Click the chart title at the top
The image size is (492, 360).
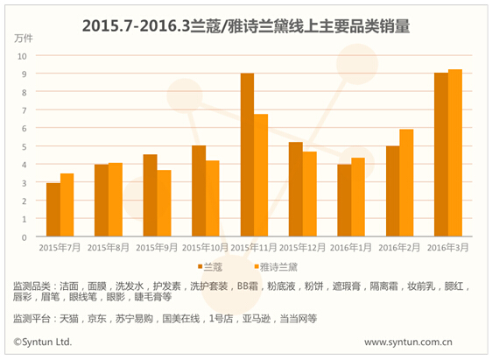pos(246,26)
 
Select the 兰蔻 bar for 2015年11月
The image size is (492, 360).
pos(247,155)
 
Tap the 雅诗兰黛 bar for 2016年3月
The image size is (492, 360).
pos(454,153)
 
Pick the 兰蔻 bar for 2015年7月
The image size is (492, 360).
pos(53,210)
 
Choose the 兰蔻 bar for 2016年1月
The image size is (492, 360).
pos(344,201)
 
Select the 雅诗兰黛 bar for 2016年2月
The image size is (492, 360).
pos(405,183)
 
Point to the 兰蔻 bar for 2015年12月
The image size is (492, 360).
pos(296,189)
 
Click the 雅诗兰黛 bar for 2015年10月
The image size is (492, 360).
pos(213,199)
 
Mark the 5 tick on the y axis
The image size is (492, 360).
pos(25,146)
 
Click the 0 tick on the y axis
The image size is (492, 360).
pos(25,237)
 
